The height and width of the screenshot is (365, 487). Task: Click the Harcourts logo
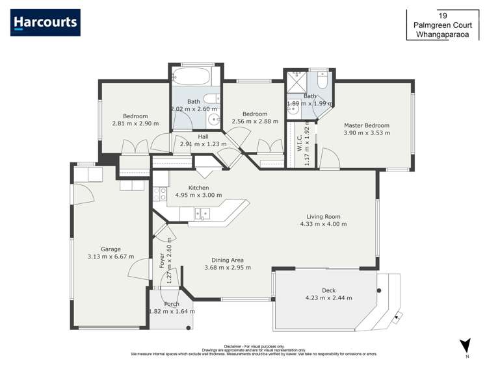(46, 23)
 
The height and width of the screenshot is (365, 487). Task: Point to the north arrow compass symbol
(464, 346)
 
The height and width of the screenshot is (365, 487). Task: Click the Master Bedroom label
(367, 125)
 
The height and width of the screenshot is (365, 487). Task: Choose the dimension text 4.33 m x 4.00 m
(323, 224)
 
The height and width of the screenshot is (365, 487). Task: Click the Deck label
(329, 290)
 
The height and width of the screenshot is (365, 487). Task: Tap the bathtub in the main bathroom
(191, 77)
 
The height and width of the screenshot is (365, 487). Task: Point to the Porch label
(172, 304)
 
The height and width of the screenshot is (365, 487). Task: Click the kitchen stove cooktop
(157, 193)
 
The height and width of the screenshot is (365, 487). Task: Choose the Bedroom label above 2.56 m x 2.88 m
(254, 114)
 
